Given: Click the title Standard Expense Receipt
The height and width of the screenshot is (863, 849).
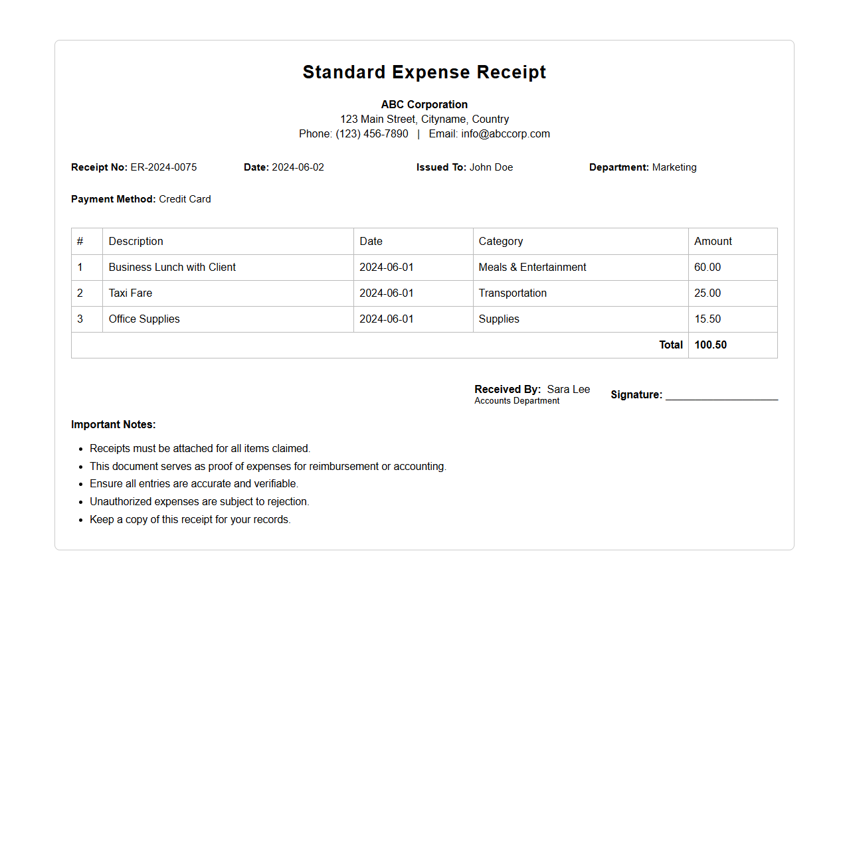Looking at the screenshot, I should point(424,72).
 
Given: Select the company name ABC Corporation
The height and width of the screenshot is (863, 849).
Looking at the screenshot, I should point(424,104).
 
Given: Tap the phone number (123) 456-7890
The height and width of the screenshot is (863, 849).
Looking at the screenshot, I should point(371,133).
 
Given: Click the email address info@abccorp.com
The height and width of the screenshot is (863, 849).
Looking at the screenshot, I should point(505,133).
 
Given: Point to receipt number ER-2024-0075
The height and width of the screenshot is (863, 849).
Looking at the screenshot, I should point(163,167).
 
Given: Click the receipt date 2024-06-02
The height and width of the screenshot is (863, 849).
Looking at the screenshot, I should point(298,167).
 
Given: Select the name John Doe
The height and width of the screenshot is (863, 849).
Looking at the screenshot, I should point(491,167).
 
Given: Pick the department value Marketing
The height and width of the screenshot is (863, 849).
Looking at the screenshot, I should point(674,167).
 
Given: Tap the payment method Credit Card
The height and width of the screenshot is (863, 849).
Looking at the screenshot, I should point(185,199).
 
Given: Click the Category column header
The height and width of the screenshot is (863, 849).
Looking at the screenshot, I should point(501,242).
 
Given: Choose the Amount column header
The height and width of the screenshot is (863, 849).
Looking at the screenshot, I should point(713,242).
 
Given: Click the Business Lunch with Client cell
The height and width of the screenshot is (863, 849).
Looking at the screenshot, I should point(172,268).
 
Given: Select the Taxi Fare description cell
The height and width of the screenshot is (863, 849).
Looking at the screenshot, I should point(130,293).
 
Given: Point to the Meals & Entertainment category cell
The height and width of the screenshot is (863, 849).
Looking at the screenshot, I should point(532,268).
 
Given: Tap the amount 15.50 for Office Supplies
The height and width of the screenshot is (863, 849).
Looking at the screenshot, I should point(707,319).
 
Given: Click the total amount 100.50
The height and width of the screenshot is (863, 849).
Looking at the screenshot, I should point(710,345).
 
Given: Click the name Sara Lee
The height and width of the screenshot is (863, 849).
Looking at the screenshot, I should point(568,390).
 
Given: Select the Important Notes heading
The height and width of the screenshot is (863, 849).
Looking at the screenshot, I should point(114,425).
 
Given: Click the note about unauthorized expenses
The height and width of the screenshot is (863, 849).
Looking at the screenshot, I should point(199,502).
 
